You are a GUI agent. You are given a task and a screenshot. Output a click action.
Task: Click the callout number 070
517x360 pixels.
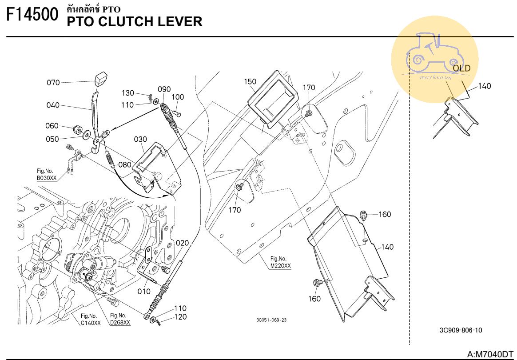[53, 82]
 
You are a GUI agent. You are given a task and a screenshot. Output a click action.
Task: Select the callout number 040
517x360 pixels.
[53, 105]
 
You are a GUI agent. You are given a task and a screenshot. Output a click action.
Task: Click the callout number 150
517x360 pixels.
[250, 81]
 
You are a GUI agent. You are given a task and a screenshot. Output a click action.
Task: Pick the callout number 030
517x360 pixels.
[140, 139]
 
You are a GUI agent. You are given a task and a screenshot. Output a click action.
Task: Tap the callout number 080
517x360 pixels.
[124, 164]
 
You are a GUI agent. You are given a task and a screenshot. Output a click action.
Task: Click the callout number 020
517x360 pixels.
[182, 243]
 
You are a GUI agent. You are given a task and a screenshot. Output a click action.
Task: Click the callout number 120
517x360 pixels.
[180, 317]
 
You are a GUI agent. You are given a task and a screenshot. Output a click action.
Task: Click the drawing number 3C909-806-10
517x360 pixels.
[460, 330]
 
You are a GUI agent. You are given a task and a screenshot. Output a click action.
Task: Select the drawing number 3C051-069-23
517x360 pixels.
[271, 320]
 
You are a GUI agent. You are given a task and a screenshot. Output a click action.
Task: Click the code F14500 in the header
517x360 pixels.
[32, 15]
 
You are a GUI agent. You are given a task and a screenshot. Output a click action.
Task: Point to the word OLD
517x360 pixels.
[461, 68]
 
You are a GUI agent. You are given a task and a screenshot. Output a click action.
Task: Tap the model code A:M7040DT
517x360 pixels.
[490, 354]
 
